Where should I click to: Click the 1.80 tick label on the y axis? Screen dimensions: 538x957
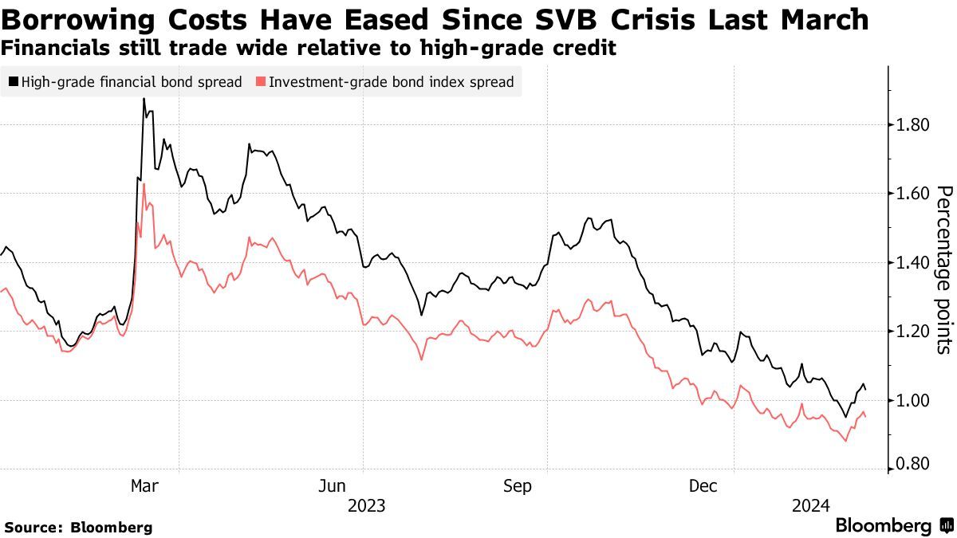click(911, 124)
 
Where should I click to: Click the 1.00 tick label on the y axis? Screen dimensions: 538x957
click(911, 400)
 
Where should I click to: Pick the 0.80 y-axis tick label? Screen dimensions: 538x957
click(911, 464)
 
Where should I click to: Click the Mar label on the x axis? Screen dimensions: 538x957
click(144, 486)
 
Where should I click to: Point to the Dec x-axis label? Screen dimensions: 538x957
click(704, 486)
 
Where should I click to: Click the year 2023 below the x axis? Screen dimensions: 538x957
click(366, 505)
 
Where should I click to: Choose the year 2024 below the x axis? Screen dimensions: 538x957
click(810, 505)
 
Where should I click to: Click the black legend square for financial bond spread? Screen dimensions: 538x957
click(13, 81)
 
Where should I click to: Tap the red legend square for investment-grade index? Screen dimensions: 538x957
click(260, 81)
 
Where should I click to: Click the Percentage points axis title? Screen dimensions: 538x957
click(943, 269)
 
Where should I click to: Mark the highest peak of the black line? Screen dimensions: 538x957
click(144, 99)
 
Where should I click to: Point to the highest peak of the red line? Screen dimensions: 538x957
click(144, 184)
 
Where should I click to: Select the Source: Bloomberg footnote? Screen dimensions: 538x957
click(78, 527)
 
